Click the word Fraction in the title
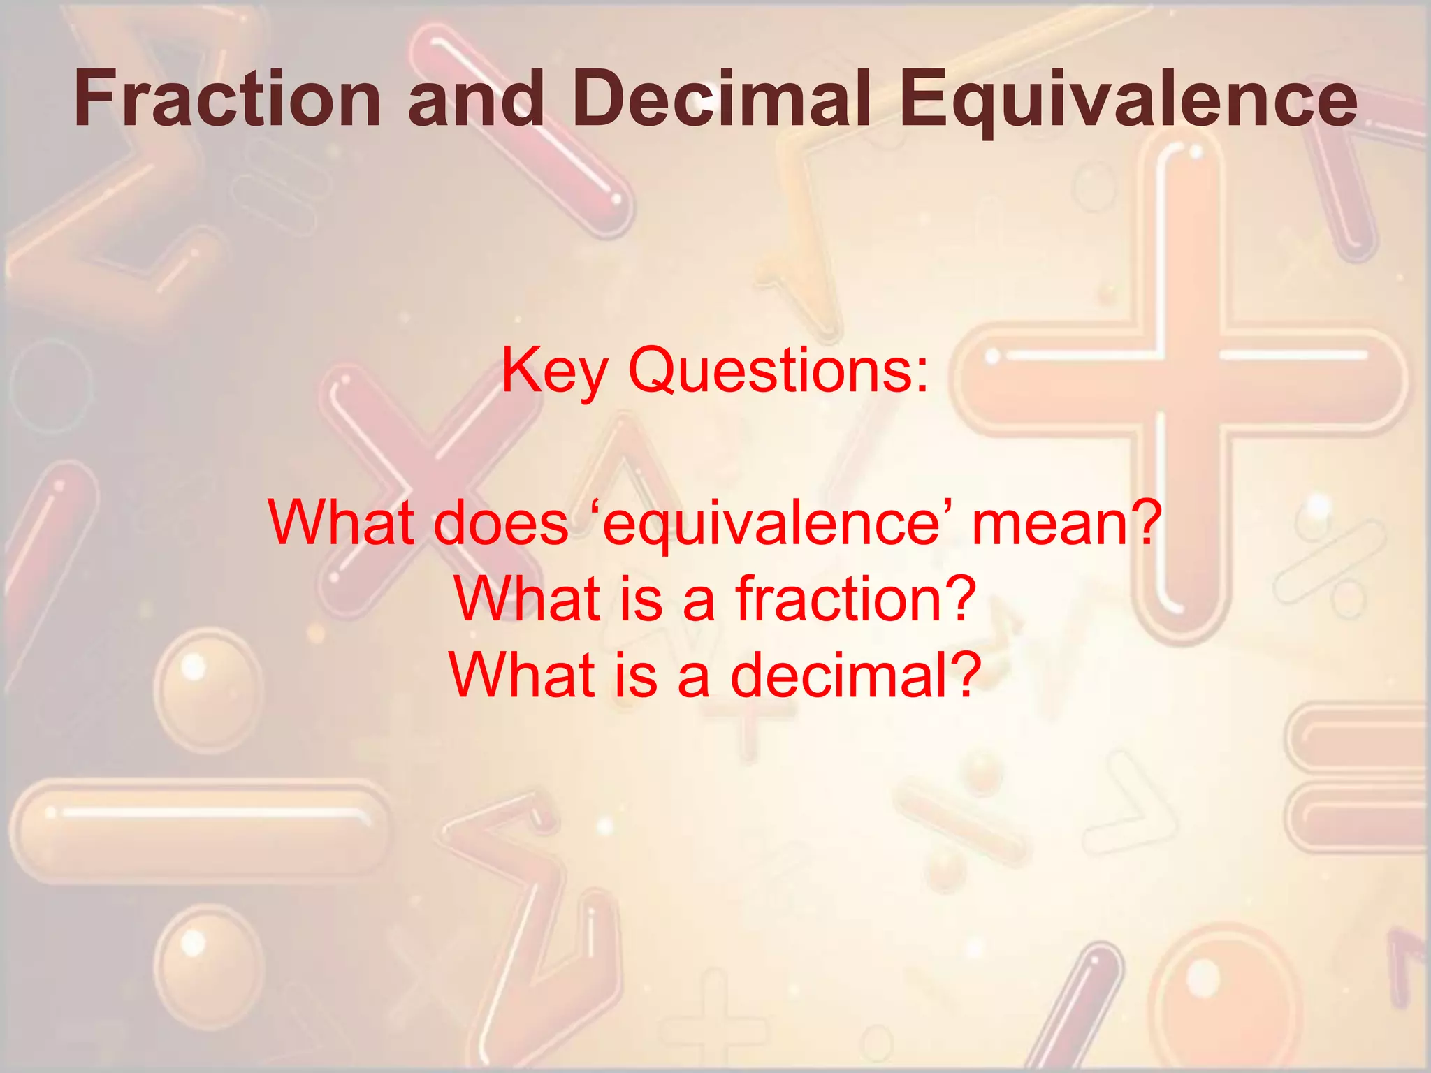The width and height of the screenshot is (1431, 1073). [x=227, y=99]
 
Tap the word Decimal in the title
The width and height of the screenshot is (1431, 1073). [x=722, y=99]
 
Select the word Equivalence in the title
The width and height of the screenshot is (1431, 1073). [x=1128, y=101]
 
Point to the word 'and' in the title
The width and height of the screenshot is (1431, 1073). [x=475, y=99]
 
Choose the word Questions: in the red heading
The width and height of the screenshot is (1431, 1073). [x=778, y=370]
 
